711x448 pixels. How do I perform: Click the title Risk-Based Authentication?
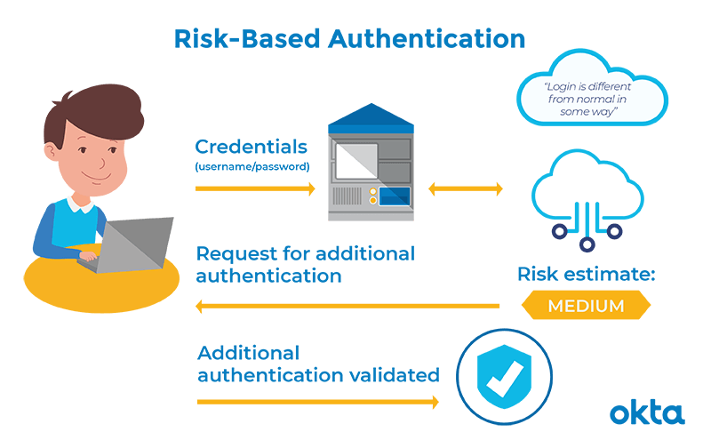click(349, 39)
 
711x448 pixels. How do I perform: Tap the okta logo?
click(647, 413)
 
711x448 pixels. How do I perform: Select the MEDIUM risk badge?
click(585, 306)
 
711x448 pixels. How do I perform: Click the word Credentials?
click(252, 147)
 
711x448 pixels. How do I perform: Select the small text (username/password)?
click(252, 166)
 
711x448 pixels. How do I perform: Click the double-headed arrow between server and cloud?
click(466, 188)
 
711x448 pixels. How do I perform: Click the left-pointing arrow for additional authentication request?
click(347, 307)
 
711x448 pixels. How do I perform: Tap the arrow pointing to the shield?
click(317, 402)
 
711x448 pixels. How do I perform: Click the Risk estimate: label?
click(586, 274)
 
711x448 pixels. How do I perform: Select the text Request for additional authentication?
click(304, 264)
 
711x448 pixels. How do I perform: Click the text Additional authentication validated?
click(317, 364)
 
